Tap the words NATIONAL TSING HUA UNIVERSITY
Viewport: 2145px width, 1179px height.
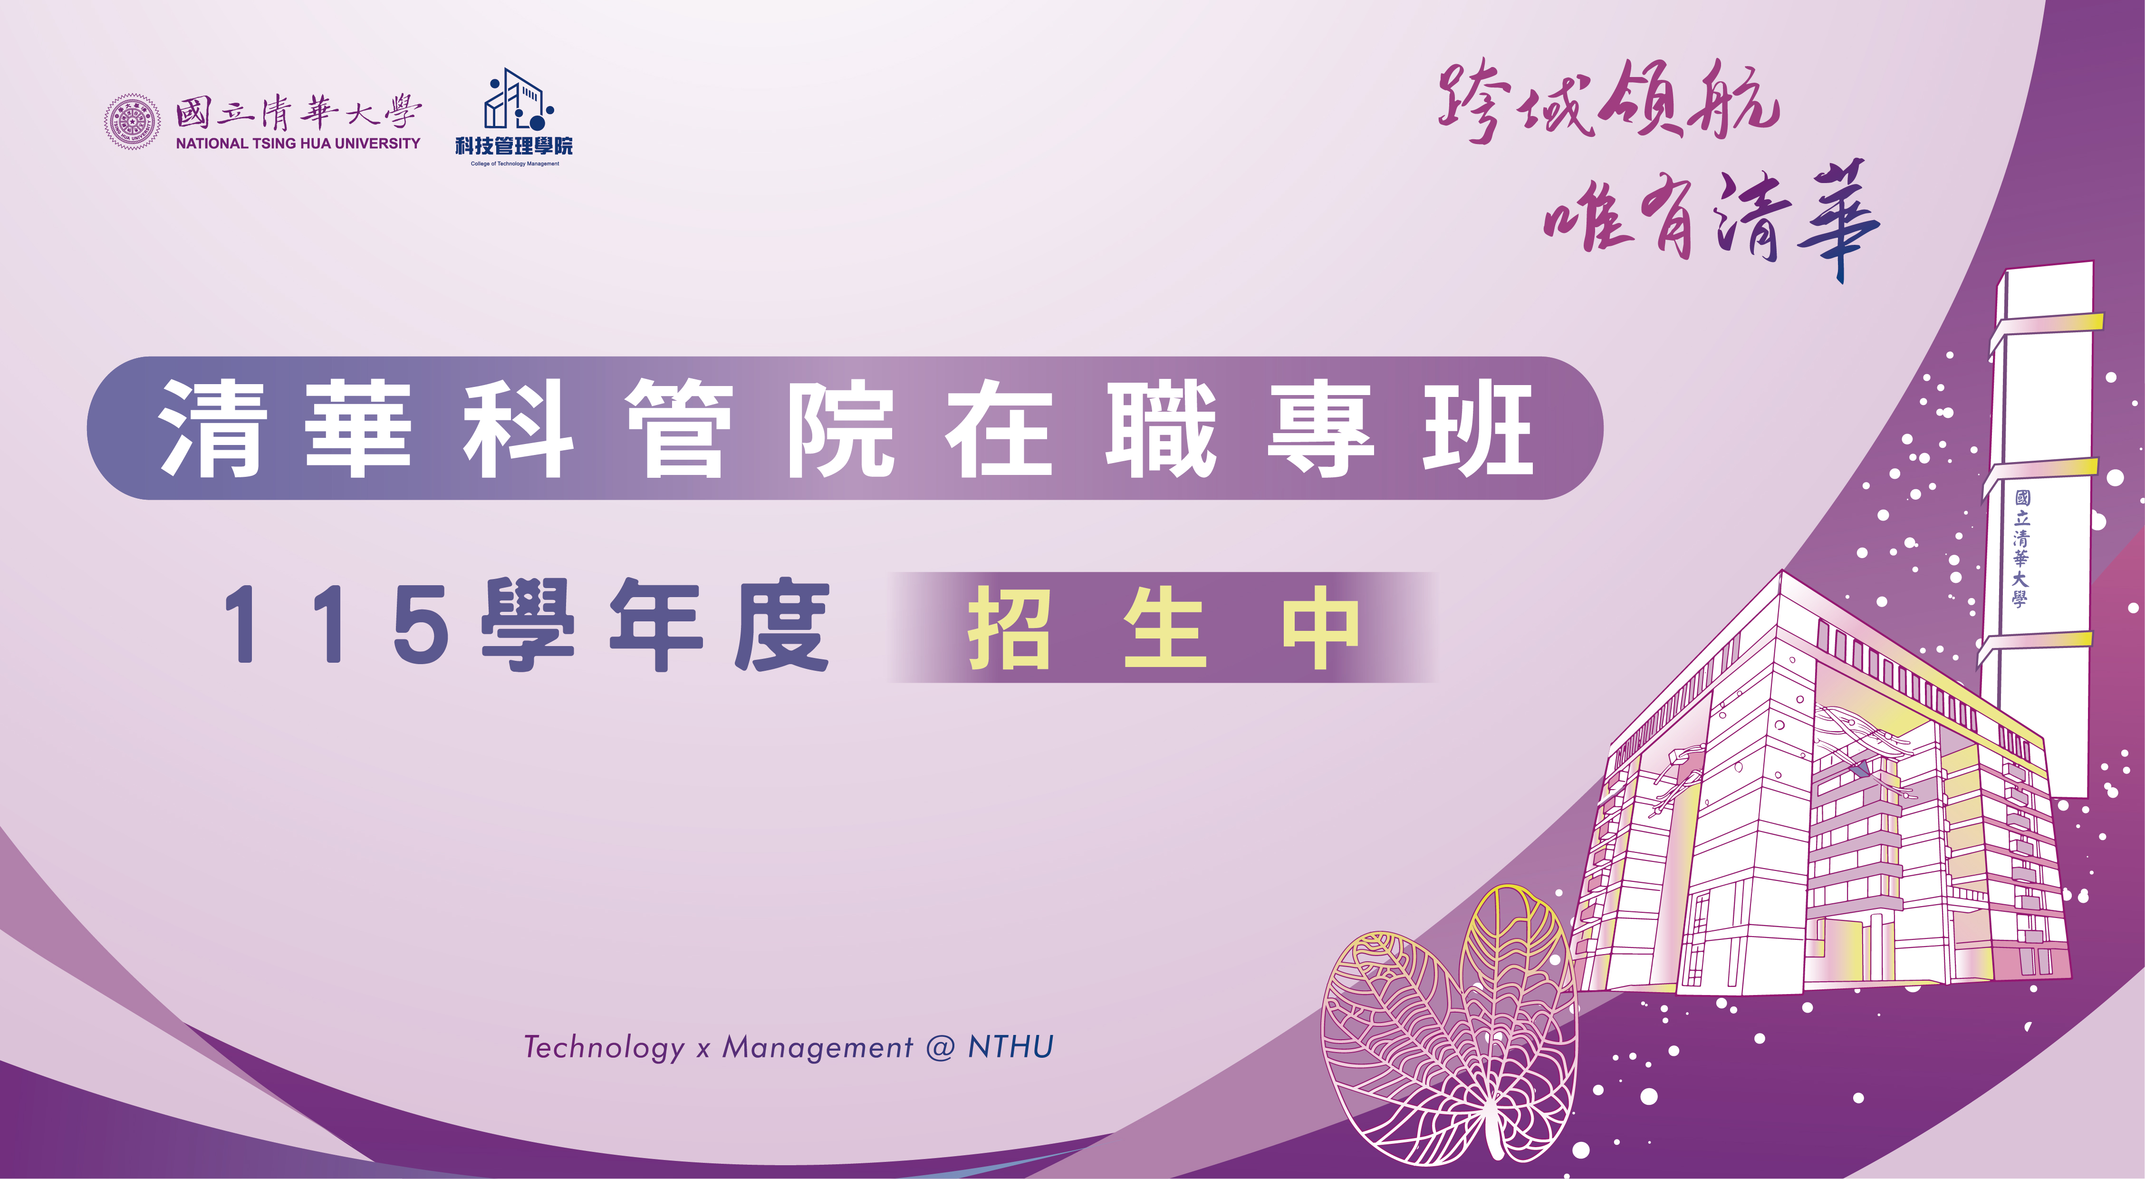click(298, 143)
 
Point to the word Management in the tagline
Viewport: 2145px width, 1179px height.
click(818, 1047)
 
